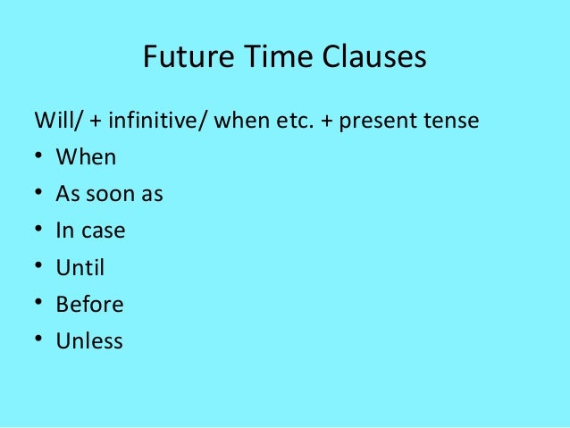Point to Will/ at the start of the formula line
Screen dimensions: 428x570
click(x=52, y=120)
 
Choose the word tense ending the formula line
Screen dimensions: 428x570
click(x=452, y=120)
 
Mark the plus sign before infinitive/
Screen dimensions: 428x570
click(x=81, y=121)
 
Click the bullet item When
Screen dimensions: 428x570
click(x=86, y=157)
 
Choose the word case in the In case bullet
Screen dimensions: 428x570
click(x=103, y=231)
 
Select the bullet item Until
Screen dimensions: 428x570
click(x=80, y=267)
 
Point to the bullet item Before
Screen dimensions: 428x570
click(x=89, y=304)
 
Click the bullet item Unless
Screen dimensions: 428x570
click(x=89, y=340)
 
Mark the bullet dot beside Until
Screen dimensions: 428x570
click(x=39, y=267)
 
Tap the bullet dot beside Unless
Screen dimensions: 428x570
click(x=39, y=340)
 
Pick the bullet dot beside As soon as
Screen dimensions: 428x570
click(x=39, y=194)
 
